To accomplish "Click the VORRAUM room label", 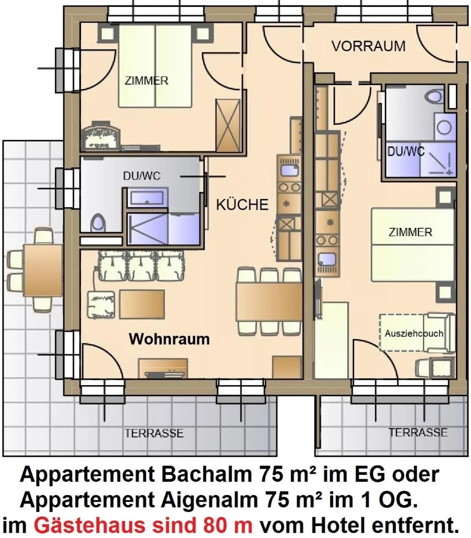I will pos(368,46).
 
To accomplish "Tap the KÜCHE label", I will pos(242,204).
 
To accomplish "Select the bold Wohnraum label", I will pos(169,339).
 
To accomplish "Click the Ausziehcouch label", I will pos(414,333).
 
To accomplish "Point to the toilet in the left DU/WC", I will pos(98,223).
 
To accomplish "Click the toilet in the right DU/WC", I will pos(433,97).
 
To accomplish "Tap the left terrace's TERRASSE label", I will pos(154,433).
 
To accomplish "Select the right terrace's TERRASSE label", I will pos(418,432).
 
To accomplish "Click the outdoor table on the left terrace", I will pos(43,270).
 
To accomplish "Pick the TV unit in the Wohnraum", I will pos(163,368).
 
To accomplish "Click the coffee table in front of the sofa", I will pos(142,304).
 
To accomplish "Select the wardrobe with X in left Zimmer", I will pos(228,125).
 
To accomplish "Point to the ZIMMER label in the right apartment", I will pos(410,232).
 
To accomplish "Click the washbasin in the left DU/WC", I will pos(146,198).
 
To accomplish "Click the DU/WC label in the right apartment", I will pos(406,151).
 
